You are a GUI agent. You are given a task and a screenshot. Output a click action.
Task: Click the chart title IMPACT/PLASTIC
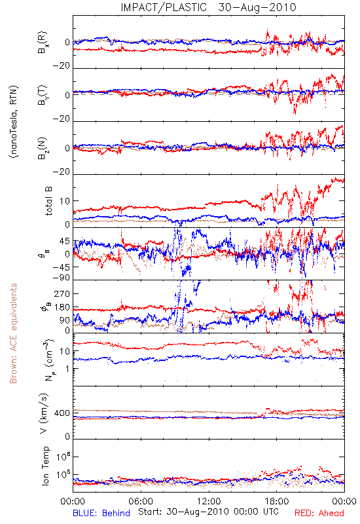click(x=164, y=7)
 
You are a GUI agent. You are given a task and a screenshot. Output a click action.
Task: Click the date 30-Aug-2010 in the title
click(x=257, y=7)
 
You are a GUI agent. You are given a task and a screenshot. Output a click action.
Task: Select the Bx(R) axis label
click(x=43, y=42)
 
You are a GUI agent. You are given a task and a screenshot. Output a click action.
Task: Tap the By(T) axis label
click(x=43, y=95)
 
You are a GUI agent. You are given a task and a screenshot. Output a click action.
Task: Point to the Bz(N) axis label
click(x=43, y=148)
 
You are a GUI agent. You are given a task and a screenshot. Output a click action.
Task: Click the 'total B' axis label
click(x=48, y=201)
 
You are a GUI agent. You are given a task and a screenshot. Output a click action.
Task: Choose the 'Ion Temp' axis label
click(x=46, y=466)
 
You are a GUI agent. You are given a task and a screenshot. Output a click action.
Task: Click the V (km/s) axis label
click(x=44, y=413)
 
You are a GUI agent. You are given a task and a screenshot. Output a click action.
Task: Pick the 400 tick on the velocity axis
click(x=62, y=413)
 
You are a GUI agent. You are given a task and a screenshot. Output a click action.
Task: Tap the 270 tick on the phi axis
click(x=62, y=293)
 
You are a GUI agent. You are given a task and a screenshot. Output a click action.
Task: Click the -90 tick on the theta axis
click(x=62, y=278)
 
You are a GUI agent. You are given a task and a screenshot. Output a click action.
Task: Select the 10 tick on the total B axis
click(x=65, y=201)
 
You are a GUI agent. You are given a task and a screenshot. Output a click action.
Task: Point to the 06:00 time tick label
click(x=141, y=501)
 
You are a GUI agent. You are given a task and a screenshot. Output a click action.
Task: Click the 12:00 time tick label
click(x=209, y=501)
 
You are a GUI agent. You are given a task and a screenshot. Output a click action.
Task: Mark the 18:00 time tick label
click(x=277, y=501)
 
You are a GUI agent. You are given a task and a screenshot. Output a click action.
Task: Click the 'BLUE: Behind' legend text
click(x=101, y=513)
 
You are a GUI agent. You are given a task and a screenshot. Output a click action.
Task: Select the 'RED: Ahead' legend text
click(x=319, y=513)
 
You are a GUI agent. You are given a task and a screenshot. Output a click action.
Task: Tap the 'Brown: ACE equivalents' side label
click(x=13, y=333)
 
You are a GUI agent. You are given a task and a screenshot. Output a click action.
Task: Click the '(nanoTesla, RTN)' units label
click(x=14, y=121)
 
